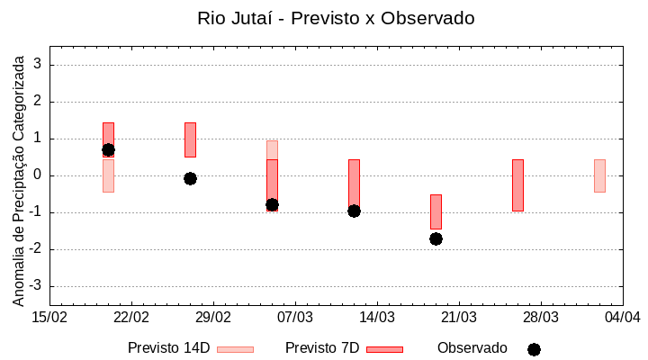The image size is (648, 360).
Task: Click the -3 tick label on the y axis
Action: point(36,286)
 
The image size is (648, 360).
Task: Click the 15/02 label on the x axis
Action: point(49,318)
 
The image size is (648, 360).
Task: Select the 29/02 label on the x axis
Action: point(213,318)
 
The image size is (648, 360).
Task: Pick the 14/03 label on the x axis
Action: point(377,318)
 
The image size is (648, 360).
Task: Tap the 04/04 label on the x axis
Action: point(623,318)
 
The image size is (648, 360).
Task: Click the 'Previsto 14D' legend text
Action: point(168,348)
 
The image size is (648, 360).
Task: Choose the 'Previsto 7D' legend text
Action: point(322,348)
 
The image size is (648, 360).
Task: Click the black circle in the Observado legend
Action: point(534,349)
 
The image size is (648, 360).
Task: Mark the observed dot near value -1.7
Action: point(436,238)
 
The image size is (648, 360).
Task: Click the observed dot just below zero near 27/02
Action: point(190,178)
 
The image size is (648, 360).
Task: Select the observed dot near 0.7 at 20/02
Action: point(108,149)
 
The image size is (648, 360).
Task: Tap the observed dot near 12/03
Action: point(354,211)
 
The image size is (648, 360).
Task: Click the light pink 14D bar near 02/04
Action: point(599,175)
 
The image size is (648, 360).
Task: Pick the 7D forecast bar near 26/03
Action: point(517,184)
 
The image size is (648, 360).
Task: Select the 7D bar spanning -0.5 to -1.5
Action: point(436,211)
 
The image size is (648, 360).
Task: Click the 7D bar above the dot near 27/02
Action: point(190,139)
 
